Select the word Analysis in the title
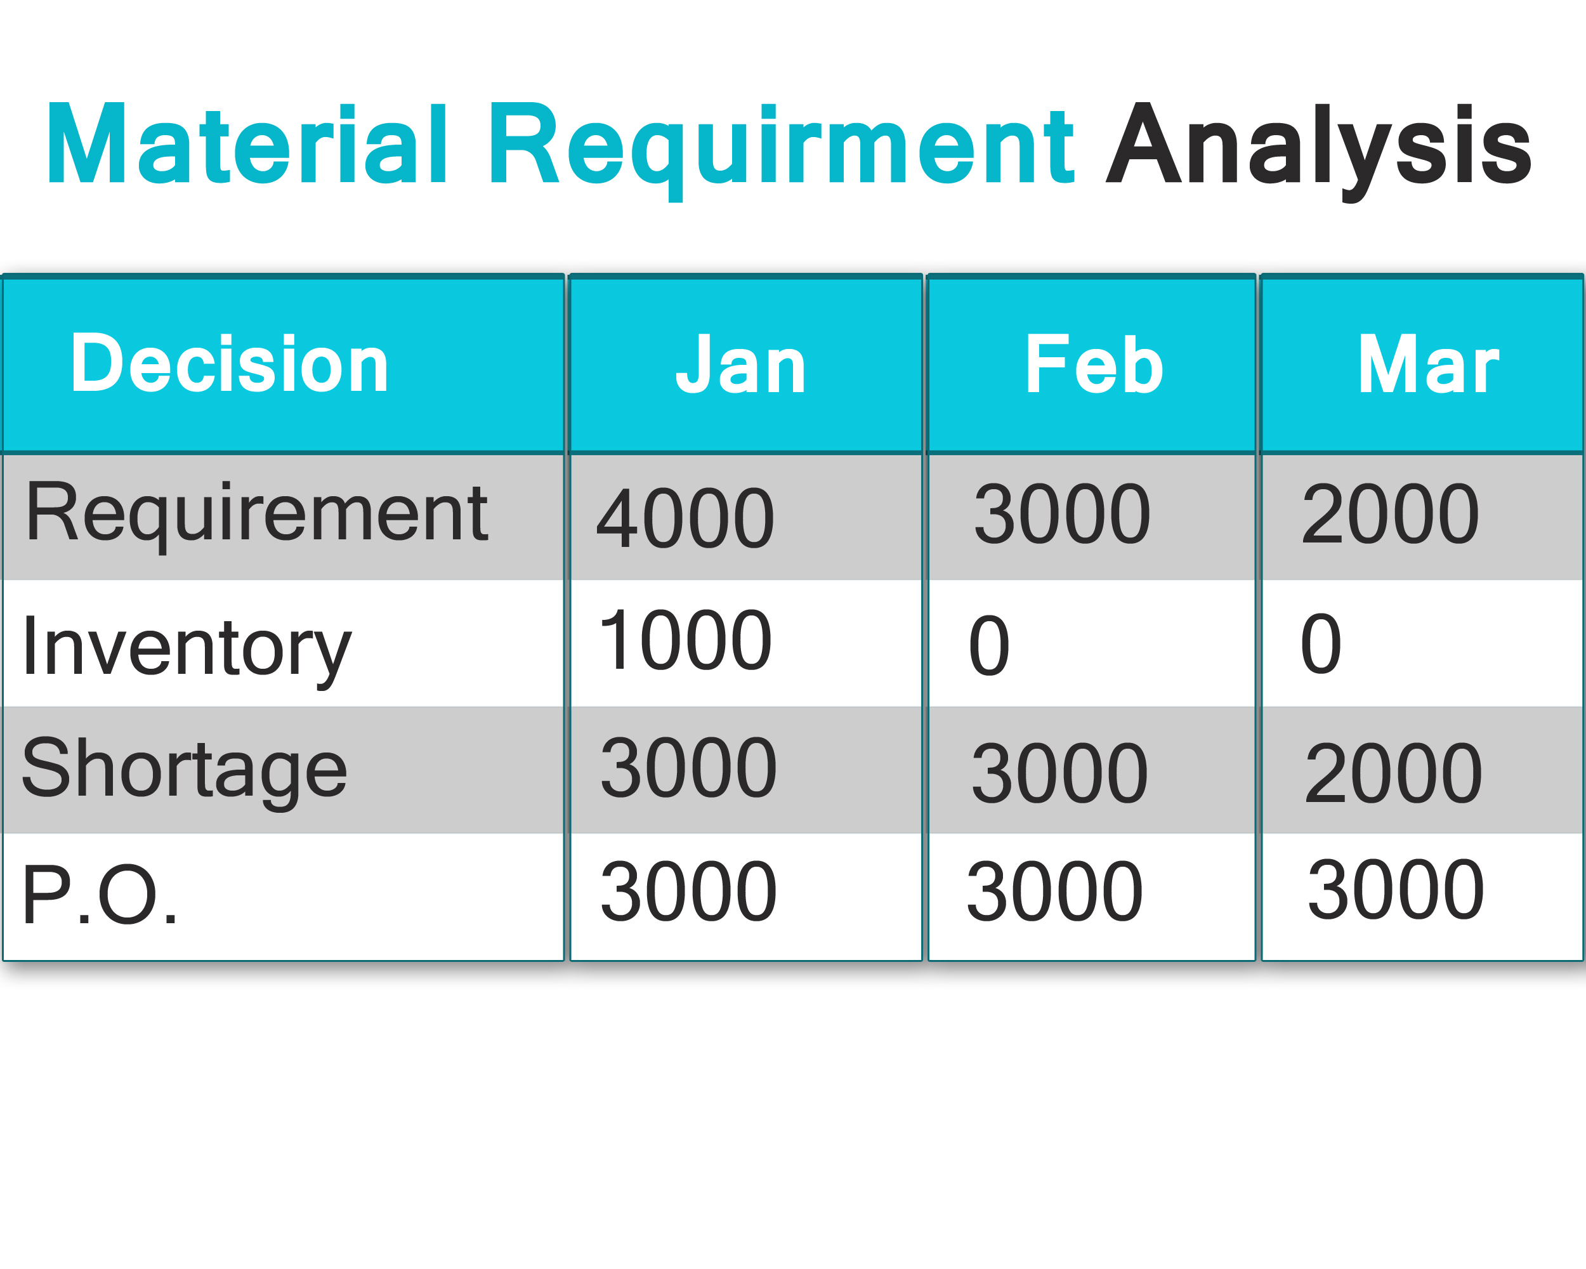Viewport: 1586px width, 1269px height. pos(1319,152)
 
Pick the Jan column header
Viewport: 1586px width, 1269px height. pos(741,364)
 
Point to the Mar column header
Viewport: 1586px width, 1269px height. pos(1428,364)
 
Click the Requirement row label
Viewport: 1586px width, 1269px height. pos(257,516)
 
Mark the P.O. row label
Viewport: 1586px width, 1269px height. pos(100,894)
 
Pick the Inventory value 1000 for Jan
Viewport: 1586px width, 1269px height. pos(686,640)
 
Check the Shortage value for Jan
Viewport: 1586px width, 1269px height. pos(688,768)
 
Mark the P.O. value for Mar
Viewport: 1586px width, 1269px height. pos(1396,890)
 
